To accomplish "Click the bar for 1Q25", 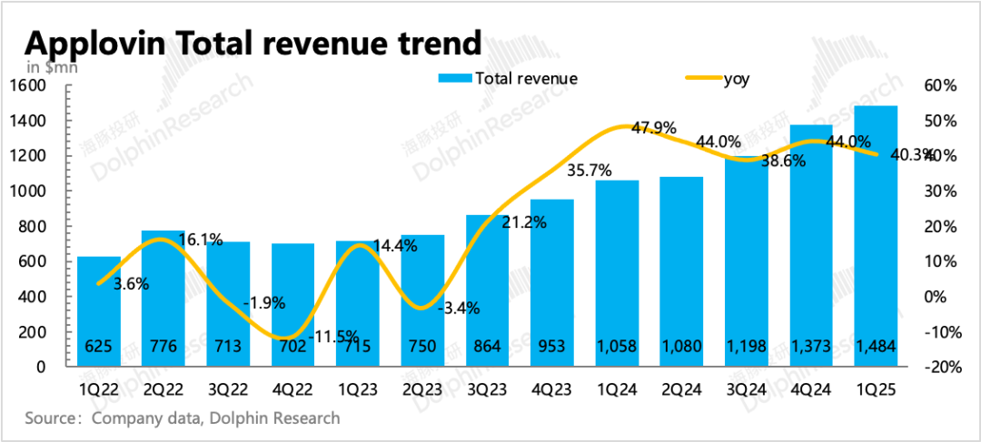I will pos(876,236).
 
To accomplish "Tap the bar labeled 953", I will pos(552,282).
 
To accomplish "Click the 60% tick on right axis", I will pos(942,86).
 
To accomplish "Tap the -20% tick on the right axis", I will pos(942,368).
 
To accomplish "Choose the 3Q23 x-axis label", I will pos(487,389).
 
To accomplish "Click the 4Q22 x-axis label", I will pos(292,389).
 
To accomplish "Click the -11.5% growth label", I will pos(333,337).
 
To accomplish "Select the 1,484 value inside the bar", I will pos(876,347).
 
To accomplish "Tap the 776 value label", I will pos(163,347).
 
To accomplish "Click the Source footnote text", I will pos(183,418).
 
